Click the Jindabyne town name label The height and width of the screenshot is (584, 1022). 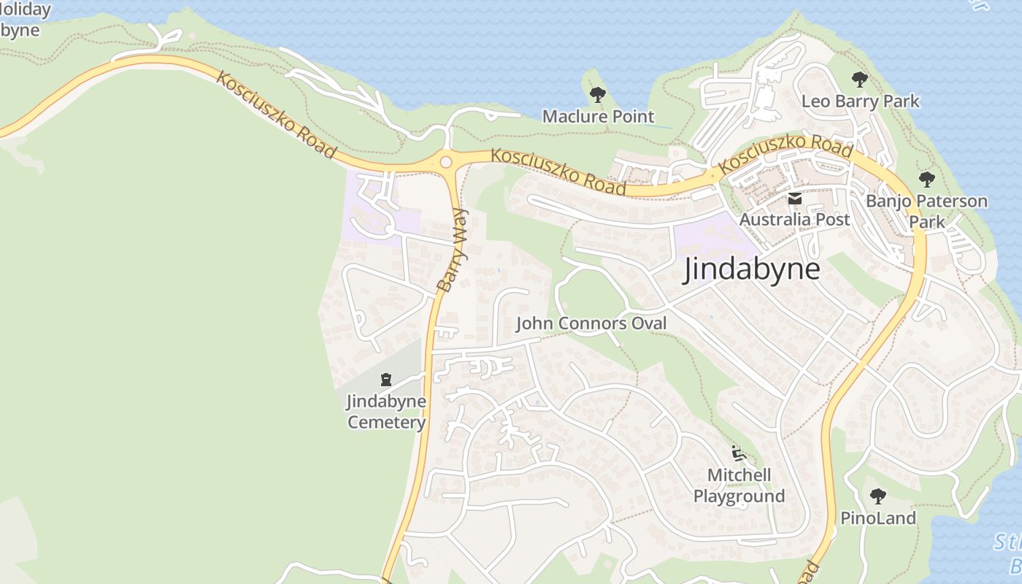[x=751, y=269]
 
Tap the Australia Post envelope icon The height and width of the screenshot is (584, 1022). [x=795, y=198]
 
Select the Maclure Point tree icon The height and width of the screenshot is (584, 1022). [x=597, y=95]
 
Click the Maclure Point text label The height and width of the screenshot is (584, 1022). [x=598, y=116]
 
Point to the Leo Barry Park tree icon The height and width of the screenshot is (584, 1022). [x=860, y=79]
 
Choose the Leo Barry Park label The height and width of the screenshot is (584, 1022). [x=861, y=101]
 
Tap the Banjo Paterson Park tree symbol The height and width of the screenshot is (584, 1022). [x=926, y=179]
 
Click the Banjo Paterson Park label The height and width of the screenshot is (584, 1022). [x=926, y=211]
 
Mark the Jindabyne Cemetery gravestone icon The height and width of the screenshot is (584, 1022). [x=385, y=379]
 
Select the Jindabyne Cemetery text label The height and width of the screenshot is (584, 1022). [x=386, y=412]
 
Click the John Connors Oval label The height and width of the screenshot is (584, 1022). [x=591, y=323]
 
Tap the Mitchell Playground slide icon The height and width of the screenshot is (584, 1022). [x=739, y=454]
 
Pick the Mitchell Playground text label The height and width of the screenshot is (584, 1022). [x=739, y=486]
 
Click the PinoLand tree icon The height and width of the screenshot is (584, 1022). [x=877, y=497]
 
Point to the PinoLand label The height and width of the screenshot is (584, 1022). [x=877, y=518]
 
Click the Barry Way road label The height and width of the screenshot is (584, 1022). [x=451, y=250]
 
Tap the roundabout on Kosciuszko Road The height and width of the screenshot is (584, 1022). [x=445, y=162]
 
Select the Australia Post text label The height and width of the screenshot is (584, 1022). [x=794, y=219]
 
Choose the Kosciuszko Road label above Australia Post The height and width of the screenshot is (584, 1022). [x=785, y=153]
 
